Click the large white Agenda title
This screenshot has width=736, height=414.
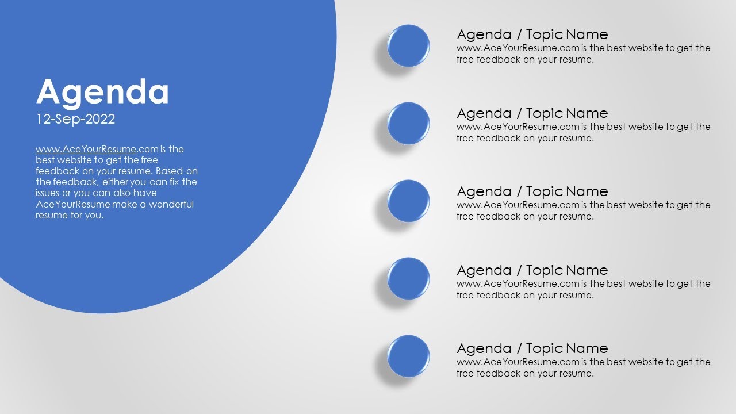[x=102, y=92]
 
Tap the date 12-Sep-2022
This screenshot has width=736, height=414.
[x=75, y=119]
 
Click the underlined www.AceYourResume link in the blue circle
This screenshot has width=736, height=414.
[x=86, y=149]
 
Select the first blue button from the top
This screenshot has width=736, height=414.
[x=408, y=46]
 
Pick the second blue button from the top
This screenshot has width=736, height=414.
[x=408, y=124]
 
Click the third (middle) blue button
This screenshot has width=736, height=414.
[x=408, y=201]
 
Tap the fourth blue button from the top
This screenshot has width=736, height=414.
[x=408, y=279]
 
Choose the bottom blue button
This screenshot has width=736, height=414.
[x=408, y=356]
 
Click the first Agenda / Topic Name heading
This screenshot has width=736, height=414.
[x=532, y=34]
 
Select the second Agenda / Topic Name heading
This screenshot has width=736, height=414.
[x=532, y=113]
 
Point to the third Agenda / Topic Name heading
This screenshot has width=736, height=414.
[x=532, y=191]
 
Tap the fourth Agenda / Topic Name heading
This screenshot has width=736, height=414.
[x=532, y=270]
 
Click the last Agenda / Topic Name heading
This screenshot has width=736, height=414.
[x=532, y=348]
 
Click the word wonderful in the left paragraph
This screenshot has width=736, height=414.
[x=171, y=204]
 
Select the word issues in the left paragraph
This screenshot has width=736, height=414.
[x=48, y=193]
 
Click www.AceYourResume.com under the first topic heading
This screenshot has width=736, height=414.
[x=518, y=48]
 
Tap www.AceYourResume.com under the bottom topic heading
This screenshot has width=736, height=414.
[x=518, y=362]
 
